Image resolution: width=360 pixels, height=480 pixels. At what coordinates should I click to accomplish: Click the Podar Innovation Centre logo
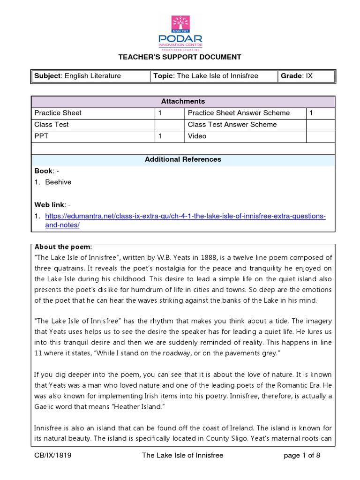(x=180, y=32)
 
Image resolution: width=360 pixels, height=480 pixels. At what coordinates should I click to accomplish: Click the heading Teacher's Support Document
(x=180, y=57)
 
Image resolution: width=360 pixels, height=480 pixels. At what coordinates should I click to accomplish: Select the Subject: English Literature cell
(x=77, y=76)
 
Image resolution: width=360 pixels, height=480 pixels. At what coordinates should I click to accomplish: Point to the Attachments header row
(x=183, y=101)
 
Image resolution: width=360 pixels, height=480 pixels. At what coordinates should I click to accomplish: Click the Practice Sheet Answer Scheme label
(x=239, y=113)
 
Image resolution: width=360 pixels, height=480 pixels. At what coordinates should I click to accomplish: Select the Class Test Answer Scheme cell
(x=232, y=125)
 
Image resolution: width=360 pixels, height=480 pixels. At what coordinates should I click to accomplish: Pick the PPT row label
(x=41, y=136)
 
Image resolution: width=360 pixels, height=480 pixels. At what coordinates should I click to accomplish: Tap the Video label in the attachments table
(x=197, y=136)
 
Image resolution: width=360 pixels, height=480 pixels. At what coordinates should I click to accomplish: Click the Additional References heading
(x=183, y=159)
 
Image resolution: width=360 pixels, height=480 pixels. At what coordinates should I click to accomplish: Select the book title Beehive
(x=58, y=182)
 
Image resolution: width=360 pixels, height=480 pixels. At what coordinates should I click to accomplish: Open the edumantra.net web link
(x=185, y=216)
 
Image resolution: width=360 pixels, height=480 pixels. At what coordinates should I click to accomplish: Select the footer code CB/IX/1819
(x=53, y=455)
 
